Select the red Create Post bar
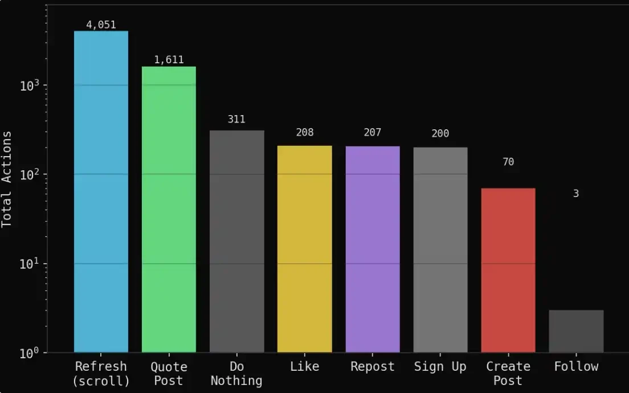[x=508, y=270]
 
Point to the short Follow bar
[x=576, y=331]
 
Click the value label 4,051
[x=101, y=24]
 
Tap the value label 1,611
[x=169, y=60]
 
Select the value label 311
[x=236, y=119]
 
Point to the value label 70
[x=508, y=162]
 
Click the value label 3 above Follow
[x=576, y=194]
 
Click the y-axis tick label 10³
[x=29, y=85]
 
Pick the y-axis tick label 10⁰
[x=29, y=353]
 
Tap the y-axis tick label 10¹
[x=29, y=264]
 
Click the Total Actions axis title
[x=7, y=179]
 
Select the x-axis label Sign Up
[x=440, y=366]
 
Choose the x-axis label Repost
[x=373, y=366]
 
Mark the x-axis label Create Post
[x=508, y=373]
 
